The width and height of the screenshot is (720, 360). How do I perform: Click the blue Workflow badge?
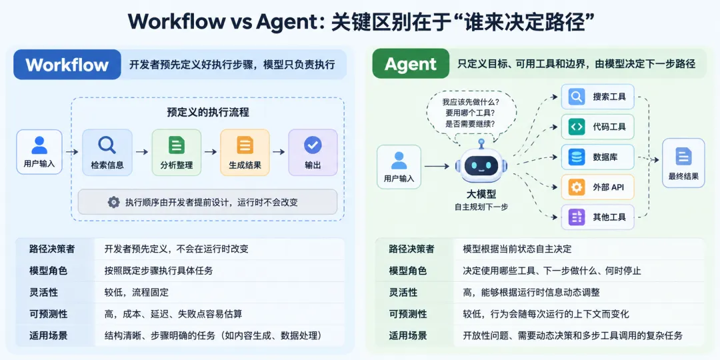click(x=67, y=65)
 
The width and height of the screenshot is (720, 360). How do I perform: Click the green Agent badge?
click(x=411, y=64)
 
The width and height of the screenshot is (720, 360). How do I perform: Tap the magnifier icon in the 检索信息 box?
click(x=107, y=145)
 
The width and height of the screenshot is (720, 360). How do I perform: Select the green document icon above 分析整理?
click(x=176, y=145)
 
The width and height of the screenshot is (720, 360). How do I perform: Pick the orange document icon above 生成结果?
click(x=245, y=145)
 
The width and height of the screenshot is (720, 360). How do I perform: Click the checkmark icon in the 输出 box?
click(x=313, y=145)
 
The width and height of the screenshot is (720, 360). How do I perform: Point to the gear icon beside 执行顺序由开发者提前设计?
click(x=113, y=202)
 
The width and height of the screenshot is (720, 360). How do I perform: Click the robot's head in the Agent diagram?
click(x=481, y=164)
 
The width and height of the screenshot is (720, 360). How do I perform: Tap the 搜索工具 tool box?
click(x=597, y=97)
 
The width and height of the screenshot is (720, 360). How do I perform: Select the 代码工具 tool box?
click(x=597, y=127)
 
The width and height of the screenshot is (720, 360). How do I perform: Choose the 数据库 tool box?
click(x=597, y=157)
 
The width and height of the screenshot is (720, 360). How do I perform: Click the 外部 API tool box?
click(x=597, y=187)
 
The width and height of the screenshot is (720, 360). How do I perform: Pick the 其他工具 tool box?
click(x=597, y=217)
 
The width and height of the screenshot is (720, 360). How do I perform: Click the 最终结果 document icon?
click(x=683, y=156)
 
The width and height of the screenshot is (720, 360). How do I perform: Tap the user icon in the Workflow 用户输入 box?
click(x=39, y=145)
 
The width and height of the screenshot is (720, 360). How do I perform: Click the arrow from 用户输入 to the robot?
click(x=437, y=166)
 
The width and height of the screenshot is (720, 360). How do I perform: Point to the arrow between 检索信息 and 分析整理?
click(x=142, y=152)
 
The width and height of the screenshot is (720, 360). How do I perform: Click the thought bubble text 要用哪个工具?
click(x=469, y=113)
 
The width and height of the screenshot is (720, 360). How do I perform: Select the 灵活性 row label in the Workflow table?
click(x=43, y=292)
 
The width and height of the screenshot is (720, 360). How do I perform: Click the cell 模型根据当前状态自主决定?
click(x=517, y=249)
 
